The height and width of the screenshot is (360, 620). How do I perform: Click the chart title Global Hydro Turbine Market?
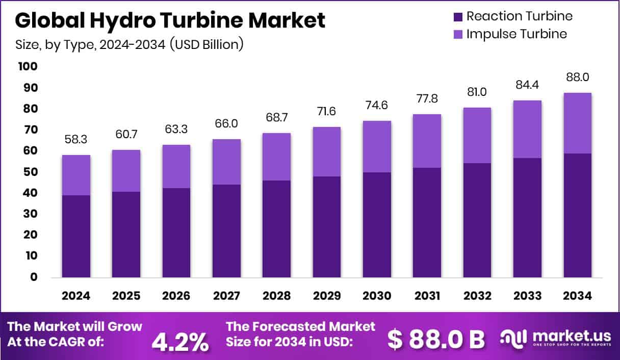(170, 20)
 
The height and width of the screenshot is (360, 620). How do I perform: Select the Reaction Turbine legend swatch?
(457, 16)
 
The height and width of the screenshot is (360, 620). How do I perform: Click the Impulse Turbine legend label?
(516, 34)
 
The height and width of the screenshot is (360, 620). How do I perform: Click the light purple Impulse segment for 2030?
(377, 146)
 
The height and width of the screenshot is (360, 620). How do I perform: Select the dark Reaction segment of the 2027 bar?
(226, 230)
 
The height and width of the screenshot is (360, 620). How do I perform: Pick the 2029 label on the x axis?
(327, 296)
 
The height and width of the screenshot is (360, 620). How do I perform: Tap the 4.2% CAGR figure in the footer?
(180, 341)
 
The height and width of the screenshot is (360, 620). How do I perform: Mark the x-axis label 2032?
(477, 296)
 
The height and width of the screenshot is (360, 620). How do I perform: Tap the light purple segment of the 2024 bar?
(76, 175)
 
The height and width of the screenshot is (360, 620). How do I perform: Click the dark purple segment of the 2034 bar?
(578, 215)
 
